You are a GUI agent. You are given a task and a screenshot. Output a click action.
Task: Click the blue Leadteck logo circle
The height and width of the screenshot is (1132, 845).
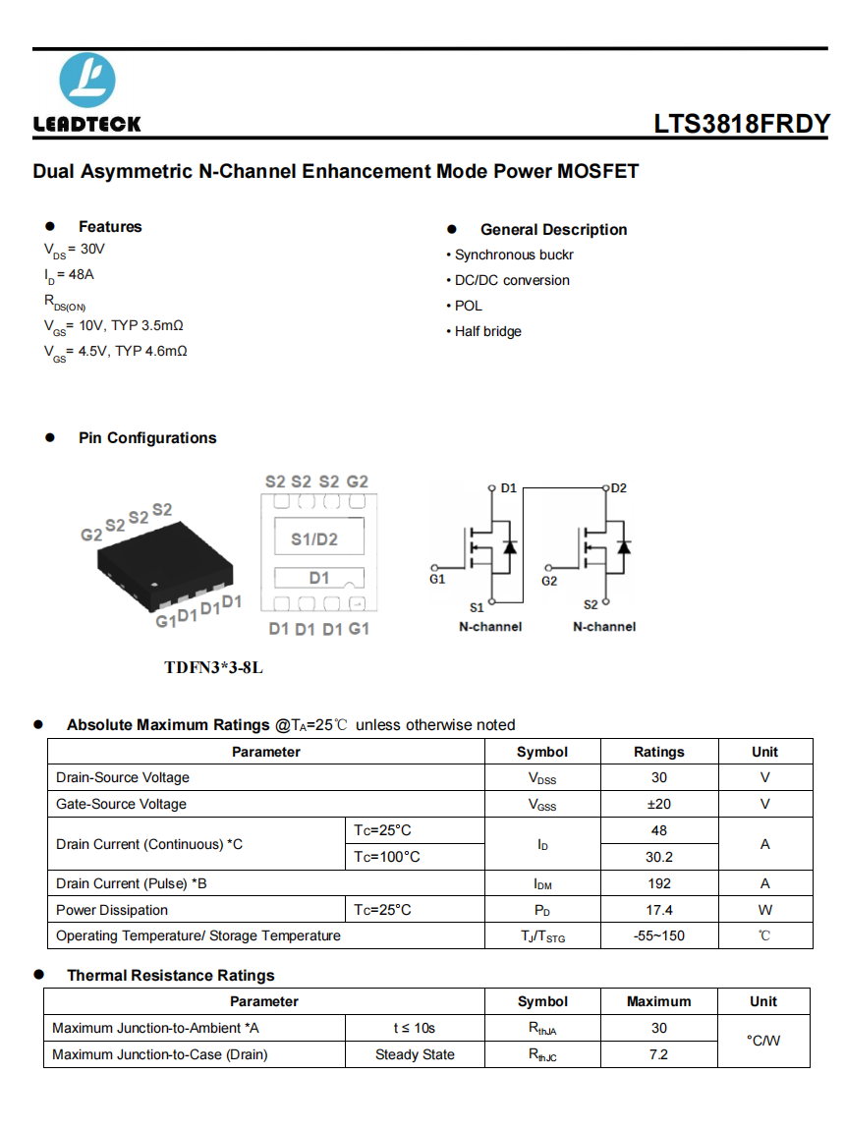point(87,80)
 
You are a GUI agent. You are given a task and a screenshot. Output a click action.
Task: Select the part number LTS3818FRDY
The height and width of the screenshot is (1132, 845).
point(742,124)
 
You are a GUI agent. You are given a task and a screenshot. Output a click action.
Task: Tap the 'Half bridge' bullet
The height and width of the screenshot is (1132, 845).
point(487,332)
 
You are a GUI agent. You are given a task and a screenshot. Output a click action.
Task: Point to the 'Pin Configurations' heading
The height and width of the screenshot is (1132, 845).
point(147,438)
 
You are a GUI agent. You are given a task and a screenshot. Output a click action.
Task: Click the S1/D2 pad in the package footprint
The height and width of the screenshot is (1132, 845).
point(314,539)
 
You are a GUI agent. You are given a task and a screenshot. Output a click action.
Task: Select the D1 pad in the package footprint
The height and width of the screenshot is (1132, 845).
point(319,578)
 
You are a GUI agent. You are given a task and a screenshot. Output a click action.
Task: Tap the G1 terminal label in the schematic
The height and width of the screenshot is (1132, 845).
point(437,580)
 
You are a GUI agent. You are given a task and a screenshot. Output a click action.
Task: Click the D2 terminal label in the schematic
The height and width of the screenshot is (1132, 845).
point(619,488)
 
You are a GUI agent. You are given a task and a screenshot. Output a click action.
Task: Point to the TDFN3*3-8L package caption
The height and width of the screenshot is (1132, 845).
point(214,668)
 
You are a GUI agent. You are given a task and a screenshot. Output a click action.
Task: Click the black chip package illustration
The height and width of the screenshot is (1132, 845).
point(164,562)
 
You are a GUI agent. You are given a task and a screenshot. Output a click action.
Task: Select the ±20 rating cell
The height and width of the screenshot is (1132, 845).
point(658,804)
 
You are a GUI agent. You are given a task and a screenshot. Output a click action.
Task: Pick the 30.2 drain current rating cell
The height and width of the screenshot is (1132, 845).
point(658,857)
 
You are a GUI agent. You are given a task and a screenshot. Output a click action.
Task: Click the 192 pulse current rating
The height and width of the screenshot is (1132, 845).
point(658,883)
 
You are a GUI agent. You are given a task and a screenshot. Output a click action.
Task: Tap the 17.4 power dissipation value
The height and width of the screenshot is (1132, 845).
point(658,910)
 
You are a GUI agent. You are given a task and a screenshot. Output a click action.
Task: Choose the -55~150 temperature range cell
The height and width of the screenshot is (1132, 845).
point(658,935)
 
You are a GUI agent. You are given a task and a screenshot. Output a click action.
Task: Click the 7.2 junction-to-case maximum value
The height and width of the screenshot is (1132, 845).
point(658,1054)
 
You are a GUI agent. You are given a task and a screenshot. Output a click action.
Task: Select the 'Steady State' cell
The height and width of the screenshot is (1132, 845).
point(415,1054)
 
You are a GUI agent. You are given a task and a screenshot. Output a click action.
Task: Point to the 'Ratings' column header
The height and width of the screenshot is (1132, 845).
point(658,752)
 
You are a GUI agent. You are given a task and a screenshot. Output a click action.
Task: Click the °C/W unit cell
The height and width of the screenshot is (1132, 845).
point(763,1041)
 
